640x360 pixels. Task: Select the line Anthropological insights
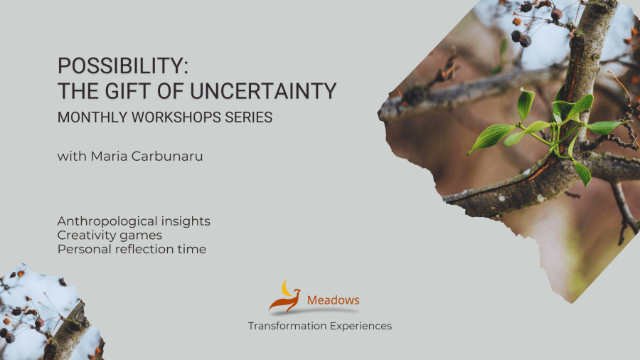coord(134,221)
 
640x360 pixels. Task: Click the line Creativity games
coord(110,235)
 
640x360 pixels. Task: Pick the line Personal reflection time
coord(132,249)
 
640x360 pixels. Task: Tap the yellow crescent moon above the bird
coord(287,287)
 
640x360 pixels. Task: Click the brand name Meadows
coord(333,300)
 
